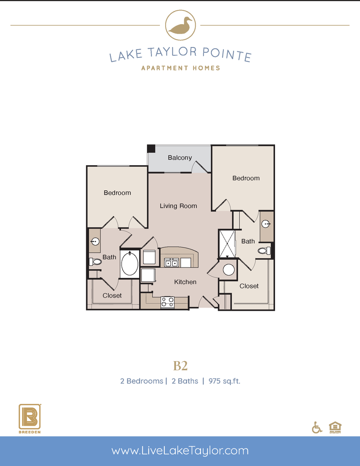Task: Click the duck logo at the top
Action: pos(180,26)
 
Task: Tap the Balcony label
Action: pos(180,158)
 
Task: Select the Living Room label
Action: pos(178,206)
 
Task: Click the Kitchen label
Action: pos(185,282)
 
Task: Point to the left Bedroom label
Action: pos(117,193)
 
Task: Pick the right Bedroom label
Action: pos(246,178)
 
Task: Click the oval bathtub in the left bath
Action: pos(129,264)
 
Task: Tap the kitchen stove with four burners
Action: pos(167,302)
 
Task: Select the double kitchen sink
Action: pos(172,263)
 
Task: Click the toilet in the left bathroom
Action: pos(95,261)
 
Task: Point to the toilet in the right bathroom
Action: pos(263,250)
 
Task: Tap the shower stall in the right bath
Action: pos(227,244)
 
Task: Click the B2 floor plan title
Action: pos(180,366)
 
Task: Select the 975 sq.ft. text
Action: pos(224,381)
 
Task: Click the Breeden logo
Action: pos(30,419)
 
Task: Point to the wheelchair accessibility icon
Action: pos(317,427)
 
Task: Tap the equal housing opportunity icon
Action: pos(334,426)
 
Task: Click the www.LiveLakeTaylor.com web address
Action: pos(180,451)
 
